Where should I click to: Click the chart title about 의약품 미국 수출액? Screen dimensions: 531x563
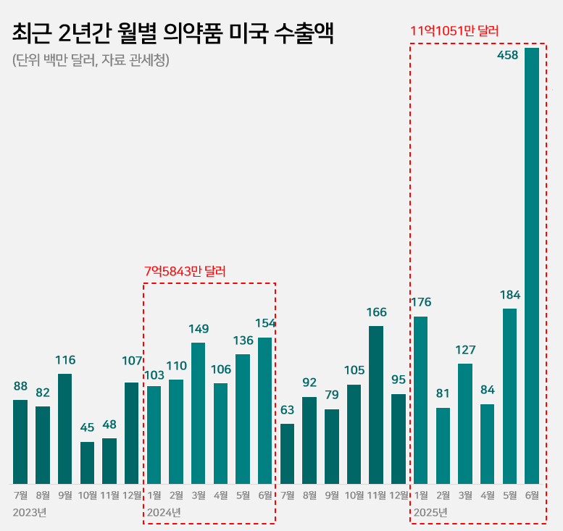point(173,34)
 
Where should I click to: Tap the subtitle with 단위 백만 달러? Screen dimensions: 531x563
point(91,60)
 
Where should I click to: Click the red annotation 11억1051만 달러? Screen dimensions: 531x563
point(454,31)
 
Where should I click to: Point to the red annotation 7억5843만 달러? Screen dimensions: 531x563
point(185,271)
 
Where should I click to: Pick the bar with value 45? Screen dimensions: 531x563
point(87,463)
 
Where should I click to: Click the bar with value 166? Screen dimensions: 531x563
point(376,405)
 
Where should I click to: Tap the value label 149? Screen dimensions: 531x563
point(199,329)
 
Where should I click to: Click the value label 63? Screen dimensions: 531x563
point(288,410)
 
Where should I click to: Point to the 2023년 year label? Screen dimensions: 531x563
point(30,513)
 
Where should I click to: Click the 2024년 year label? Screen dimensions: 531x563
point(164,513)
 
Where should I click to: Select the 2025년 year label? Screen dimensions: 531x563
point(430,513)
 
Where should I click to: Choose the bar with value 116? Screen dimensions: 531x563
point(64,429)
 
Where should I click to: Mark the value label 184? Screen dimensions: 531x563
point(509,295)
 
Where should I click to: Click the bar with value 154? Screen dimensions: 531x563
point(265,411)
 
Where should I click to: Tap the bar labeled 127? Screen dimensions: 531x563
point(465,424)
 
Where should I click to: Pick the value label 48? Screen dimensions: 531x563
point(109,425)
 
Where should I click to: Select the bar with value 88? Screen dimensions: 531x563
point(20,442)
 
